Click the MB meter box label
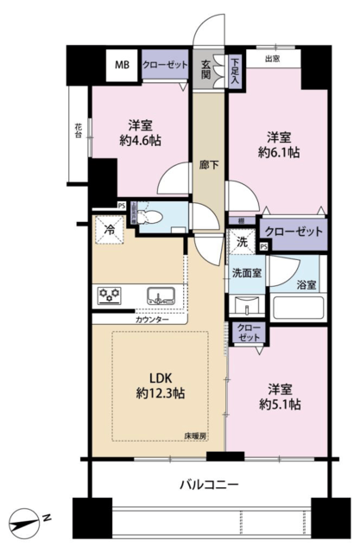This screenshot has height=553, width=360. (123, 65)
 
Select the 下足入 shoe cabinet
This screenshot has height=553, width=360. (235, 71)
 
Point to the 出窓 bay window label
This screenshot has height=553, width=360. (273, 59)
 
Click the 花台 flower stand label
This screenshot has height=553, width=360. (79, 130)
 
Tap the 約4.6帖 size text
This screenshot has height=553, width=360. (140, 141)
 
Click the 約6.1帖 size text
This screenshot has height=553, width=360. (279, 152)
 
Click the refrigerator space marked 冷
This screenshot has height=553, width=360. (110, 230)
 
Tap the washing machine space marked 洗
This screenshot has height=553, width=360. (241, 242)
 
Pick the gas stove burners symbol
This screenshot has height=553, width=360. (110, 296)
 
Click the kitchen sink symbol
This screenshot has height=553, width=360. (161, 296)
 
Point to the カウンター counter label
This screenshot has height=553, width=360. (152, 320)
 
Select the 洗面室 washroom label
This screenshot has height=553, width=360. (247, 273)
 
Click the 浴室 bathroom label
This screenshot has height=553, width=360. (306, 285)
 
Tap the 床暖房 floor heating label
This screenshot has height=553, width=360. (195, 435)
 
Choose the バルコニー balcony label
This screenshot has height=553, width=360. (209, 485)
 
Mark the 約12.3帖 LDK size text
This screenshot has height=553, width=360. (161, 393)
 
